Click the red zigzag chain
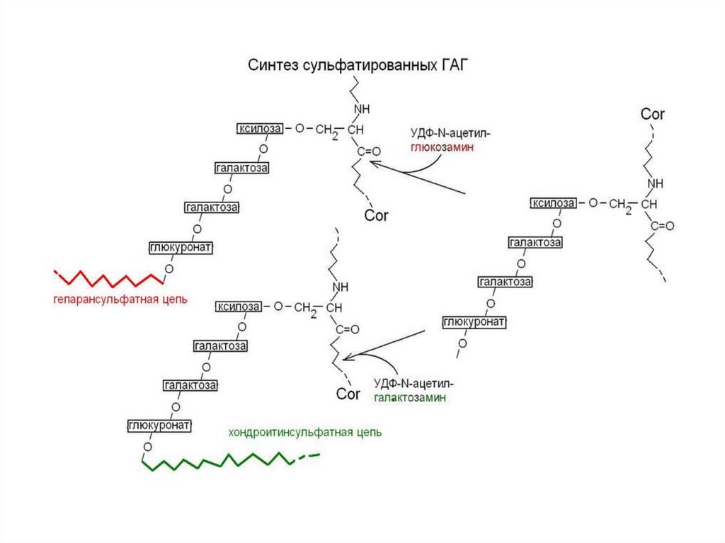pyautogui.click(x=106, y=275)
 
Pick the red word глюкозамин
pyautogui.click(x=441, y=148)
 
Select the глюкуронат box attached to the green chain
pyautogui.click(x=159, y=425)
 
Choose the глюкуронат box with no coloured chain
pyautogui.click(x=474, y=324)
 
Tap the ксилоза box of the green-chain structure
pyautogui.click(x=239, y=307)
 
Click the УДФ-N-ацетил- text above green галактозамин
pyautogui.click(x=413, y=383)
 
